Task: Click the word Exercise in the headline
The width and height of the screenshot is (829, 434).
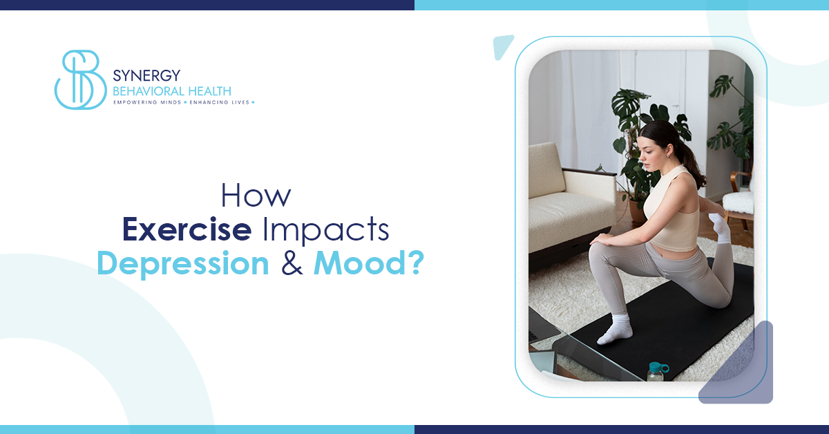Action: pyautogui.click(x=186, y=231)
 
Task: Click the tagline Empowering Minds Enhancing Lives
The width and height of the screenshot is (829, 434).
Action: pyautogui.click(x=184, y=102)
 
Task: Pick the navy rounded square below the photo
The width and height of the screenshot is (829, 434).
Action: pyautogui.click(x=739, y=366)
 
